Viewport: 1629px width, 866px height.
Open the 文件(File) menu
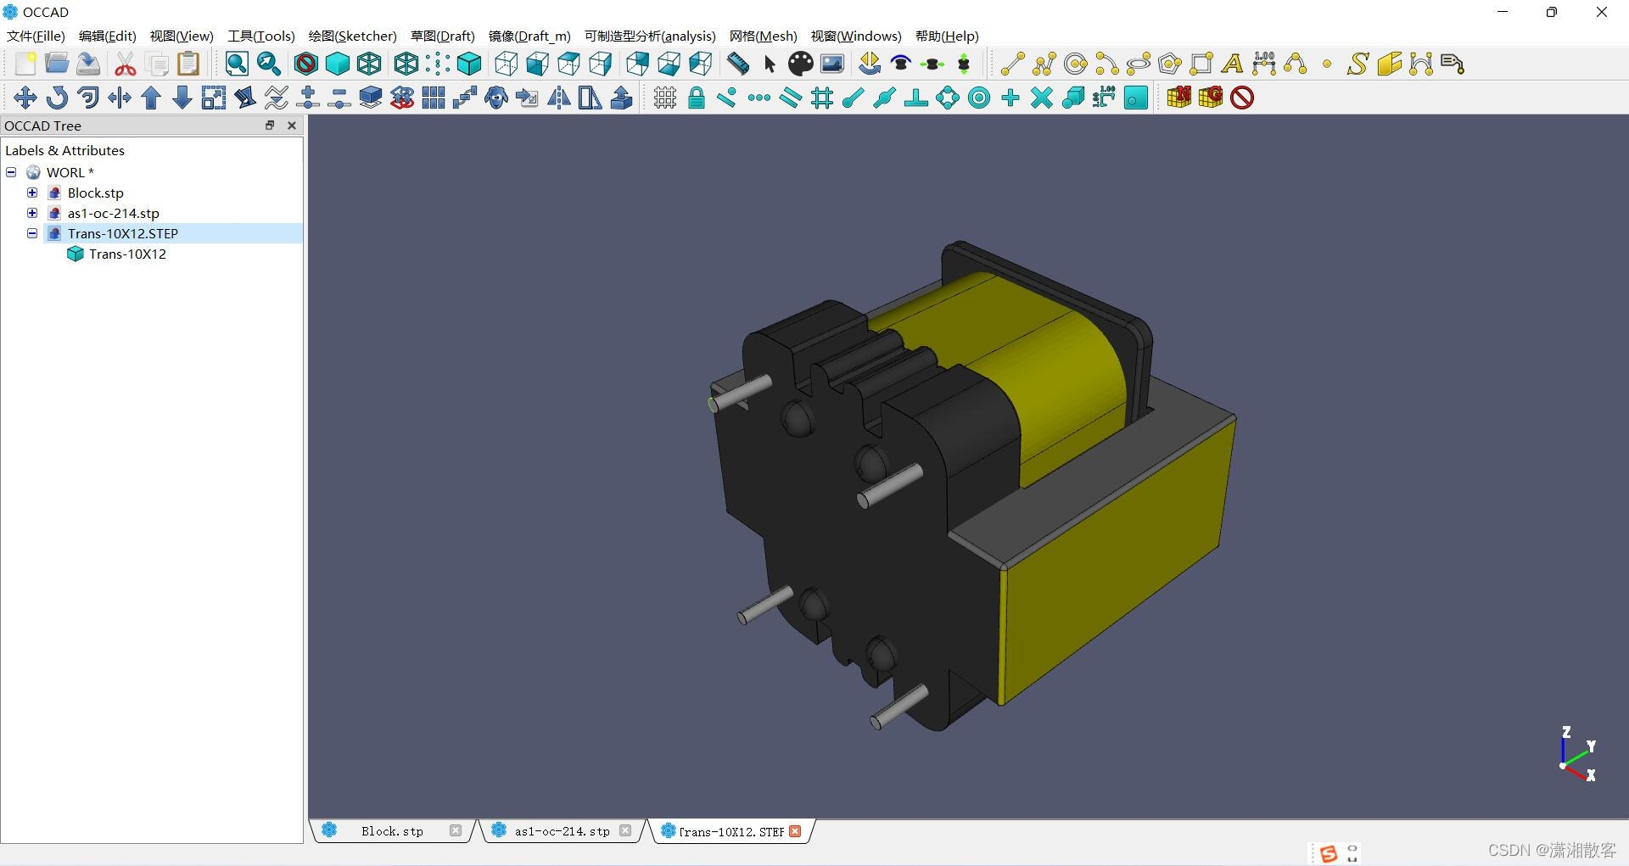click(x=36, y=36)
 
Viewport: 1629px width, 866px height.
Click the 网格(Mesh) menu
click(x=763, y=36)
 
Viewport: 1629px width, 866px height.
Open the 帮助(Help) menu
click(x=947, y=36)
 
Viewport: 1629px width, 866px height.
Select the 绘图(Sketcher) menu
click(x=352, y=36)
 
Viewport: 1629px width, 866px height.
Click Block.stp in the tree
click(x=95, y=193)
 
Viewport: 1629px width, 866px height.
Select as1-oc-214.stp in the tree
click(x=113, y=213)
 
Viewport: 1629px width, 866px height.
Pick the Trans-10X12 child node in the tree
click(x=127, y=254)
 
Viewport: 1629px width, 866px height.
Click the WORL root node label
click(x=65, y=172)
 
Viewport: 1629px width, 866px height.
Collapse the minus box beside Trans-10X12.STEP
click(x=32, y=233)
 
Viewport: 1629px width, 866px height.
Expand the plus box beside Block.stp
click(x=32, y=193)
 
